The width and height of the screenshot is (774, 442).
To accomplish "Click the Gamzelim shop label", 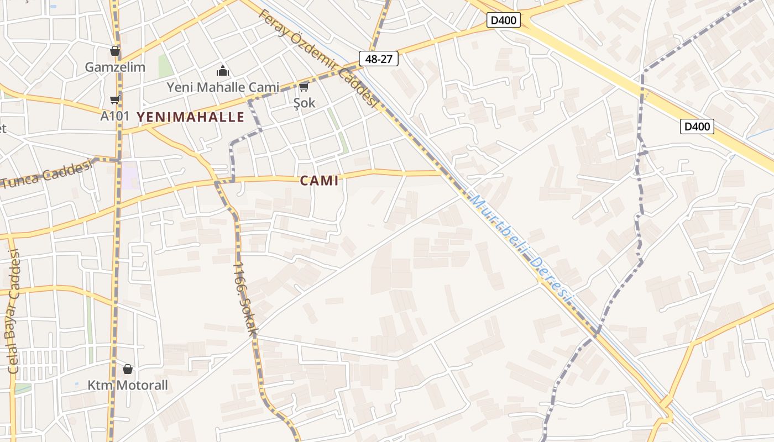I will pos(115,67).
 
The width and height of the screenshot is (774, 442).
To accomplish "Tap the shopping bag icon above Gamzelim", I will pos(115,51).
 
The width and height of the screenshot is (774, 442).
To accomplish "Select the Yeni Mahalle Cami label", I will pos(223,87).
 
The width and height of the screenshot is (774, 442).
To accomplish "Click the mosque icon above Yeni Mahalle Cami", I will pos(223,71).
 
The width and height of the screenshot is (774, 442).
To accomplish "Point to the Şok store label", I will pos(304,103).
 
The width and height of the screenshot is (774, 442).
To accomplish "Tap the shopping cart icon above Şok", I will pos(304,87).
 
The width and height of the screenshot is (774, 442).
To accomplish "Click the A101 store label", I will pos(114,116).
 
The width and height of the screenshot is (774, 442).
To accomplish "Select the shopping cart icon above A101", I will pos(114,100).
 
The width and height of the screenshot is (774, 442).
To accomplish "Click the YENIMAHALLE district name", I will pos(190,117).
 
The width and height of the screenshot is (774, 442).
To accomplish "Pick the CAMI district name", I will pos(319,181).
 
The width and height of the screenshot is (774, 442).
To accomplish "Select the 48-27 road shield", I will pos(379,59).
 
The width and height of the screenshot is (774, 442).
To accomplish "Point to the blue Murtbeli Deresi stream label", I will pos(520,247).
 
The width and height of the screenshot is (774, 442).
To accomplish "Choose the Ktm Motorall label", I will pos(128,385).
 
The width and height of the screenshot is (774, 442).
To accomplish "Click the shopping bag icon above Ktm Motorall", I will pos(128,369).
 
